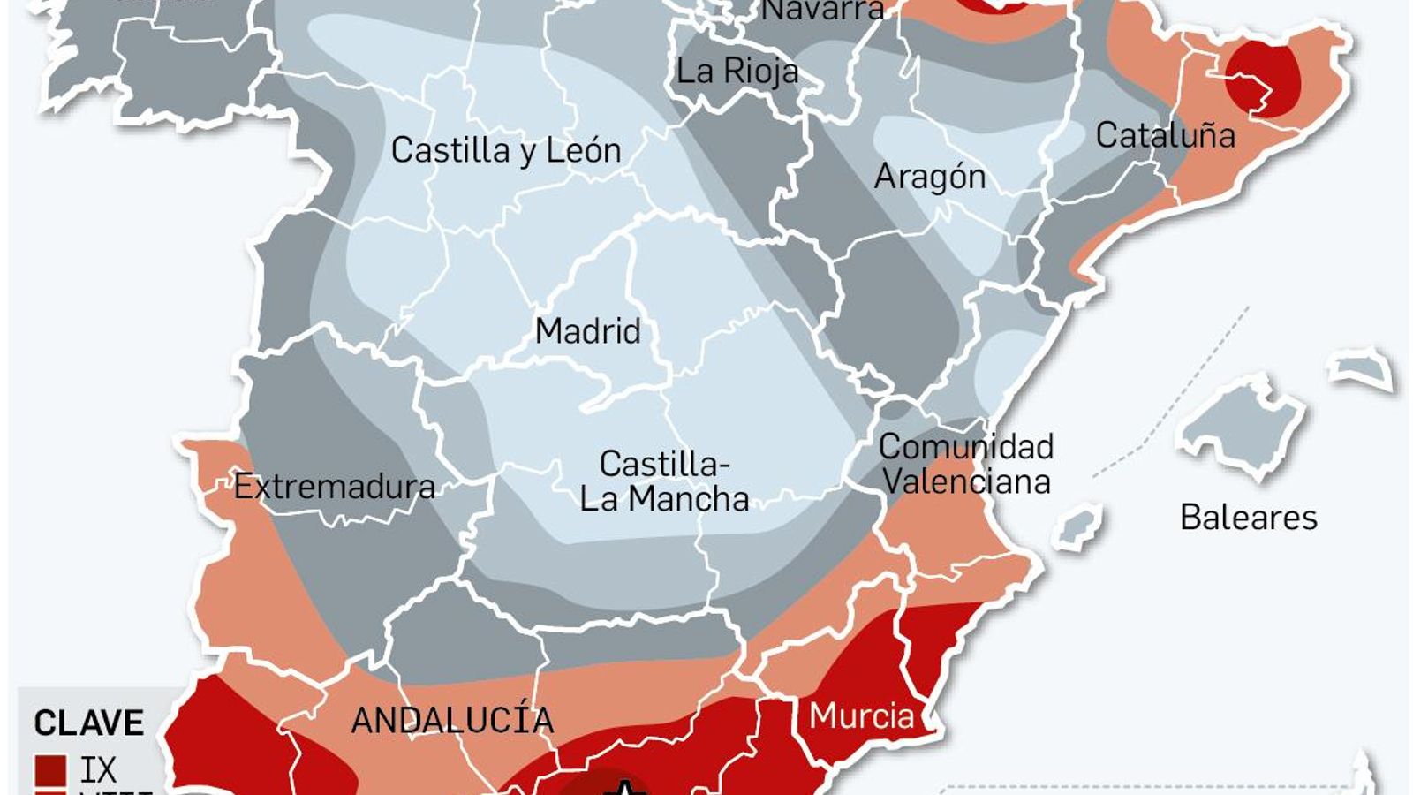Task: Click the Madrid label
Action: [588, 331]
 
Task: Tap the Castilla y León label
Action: [506, 150]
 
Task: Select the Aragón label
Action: [930, 177]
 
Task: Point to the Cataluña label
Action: [1165, 135]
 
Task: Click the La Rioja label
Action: [737, 71]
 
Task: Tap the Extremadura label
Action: [335, 486]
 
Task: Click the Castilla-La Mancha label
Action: [664, 481]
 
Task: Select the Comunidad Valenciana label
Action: [966, 464]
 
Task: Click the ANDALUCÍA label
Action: [452, 720]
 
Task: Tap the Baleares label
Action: [1248, 517]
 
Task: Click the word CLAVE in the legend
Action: [88, 723]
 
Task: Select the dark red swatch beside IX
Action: [51, 769]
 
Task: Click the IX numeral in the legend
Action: [98, 769]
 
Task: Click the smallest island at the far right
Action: [1364, 369]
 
